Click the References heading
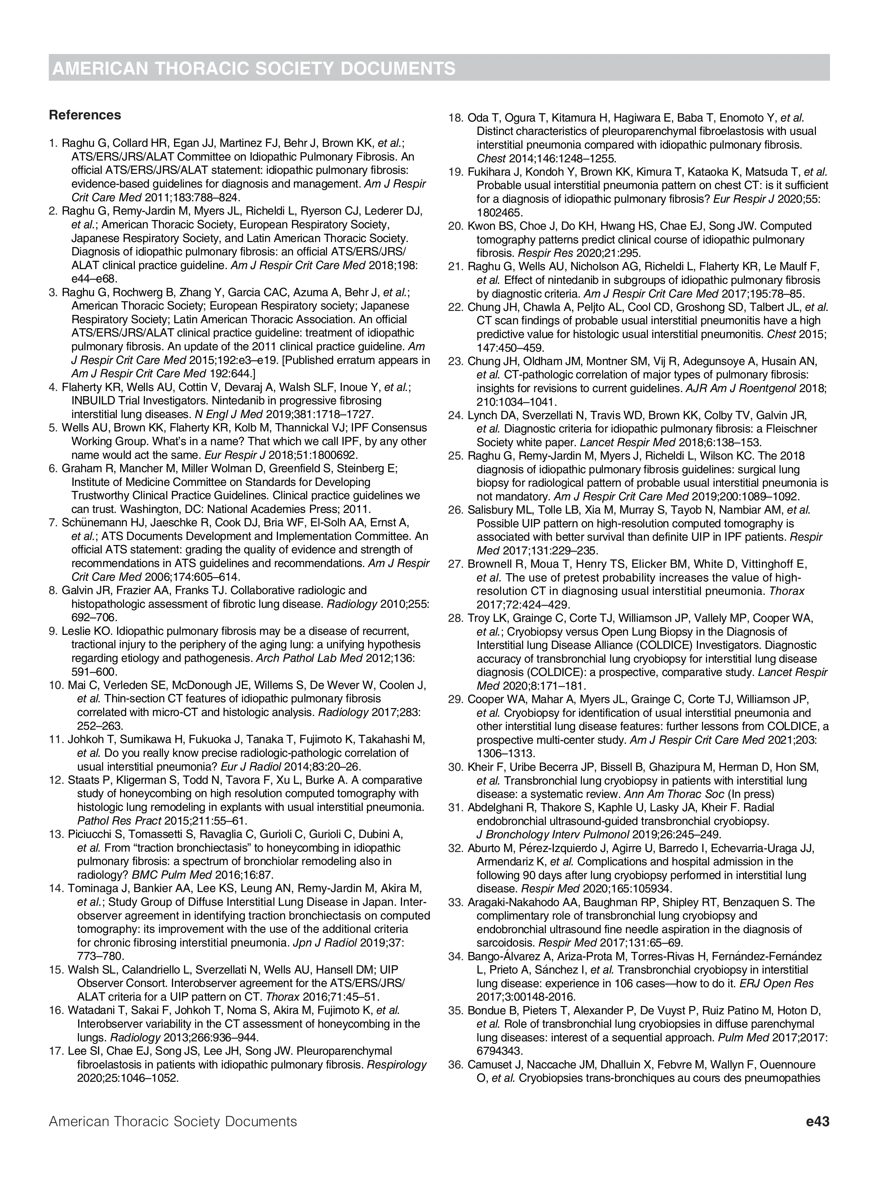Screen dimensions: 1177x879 (x=85, y=115)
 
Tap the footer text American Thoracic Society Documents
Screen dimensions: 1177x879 (x=173, y=1122)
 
